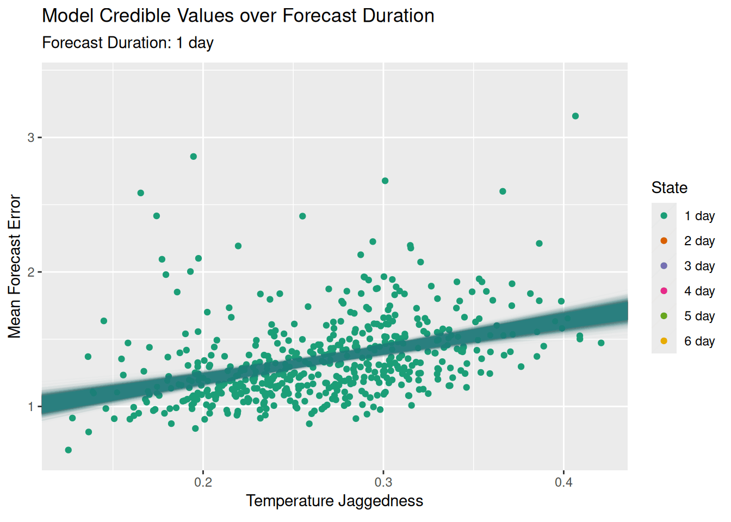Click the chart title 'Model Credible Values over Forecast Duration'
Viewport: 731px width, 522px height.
(x=238, y=16)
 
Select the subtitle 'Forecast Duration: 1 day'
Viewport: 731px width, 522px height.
(x=128, y=42)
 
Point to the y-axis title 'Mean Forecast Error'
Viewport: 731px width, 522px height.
(x=14, y=266)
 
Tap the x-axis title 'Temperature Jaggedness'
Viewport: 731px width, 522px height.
(x=334, y=501)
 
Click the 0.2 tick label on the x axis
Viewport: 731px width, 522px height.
(x=203, y=482)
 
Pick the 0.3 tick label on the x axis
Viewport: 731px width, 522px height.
(x=383, y=482)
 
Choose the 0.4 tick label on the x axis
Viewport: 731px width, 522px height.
(x=563, y=482)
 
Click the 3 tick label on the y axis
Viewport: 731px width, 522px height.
(x=31, y=138)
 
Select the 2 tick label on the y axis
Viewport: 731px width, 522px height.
(x=31, y=272)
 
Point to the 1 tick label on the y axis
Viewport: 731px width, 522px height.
(x=31, y=407)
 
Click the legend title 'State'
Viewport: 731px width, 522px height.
(x=670, y=188)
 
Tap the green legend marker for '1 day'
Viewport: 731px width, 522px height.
(x=664, y=216)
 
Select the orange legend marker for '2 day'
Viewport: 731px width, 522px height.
(x=664, y=241)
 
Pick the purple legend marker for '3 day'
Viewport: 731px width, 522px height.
(x=664, y=266)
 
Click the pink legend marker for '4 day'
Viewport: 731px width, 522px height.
(x=664, y=291)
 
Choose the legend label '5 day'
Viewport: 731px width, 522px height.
(x=699, y=316)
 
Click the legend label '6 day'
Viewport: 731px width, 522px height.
(x=699, y=341)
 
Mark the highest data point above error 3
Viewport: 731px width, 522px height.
(x=575, y=116)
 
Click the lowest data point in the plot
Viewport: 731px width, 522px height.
(x=68, y=450)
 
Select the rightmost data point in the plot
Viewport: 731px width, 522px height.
(x=601, y=343)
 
